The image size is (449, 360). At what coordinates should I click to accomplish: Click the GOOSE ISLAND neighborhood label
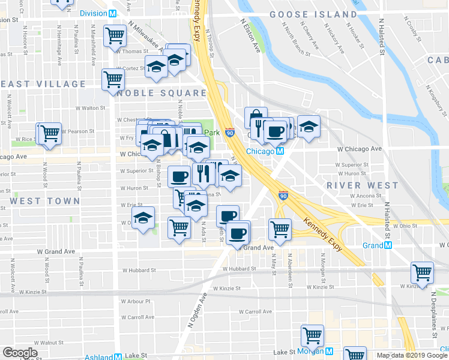pos(313,14)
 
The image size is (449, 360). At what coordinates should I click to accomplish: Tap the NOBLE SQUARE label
pos(161,93)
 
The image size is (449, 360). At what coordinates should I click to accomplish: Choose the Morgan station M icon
pos(330,351)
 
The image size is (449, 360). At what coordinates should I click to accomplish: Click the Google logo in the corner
pos(19,353)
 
